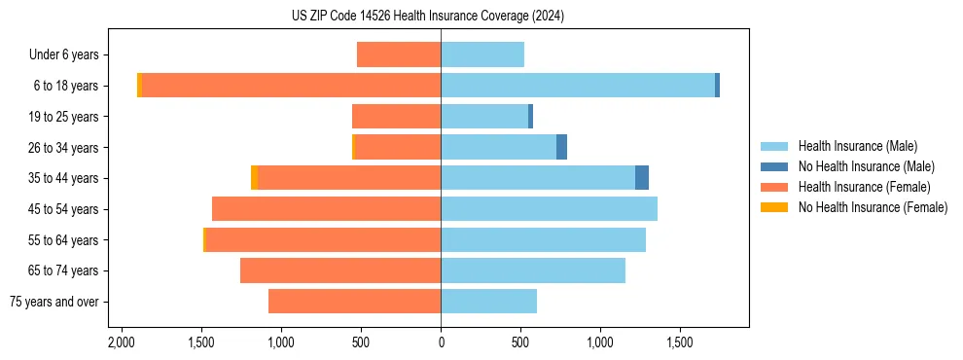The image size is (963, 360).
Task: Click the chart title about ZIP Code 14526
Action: tap(441, 17)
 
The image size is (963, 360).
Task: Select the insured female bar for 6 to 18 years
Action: tap(292, 86)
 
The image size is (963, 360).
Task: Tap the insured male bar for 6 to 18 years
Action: tap(578, 86)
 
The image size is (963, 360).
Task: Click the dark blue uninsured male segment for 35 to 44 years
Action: tap(642, 178)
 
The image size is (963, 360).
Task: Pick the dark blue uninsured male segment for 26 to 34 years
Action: tap(561, 147)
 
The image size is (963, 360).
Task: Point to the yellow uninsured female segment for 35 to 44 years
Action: tap(254, 178)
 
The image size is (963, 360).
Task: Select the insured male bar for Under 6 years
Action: tap(482, 54)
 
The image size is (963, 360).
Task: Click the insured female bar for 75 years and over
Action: tap(354, 302)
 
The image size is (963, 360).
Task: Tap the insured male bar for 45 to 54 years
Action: tap(549, 209)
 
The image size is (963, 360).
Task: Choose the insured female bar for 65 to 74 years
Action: tap(340, 270)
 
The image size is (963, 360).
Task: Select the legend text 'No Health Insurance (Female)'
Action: tap(873, 207)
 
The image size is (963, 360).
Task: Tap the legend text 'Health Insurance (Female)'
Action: tap(864, 187)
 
